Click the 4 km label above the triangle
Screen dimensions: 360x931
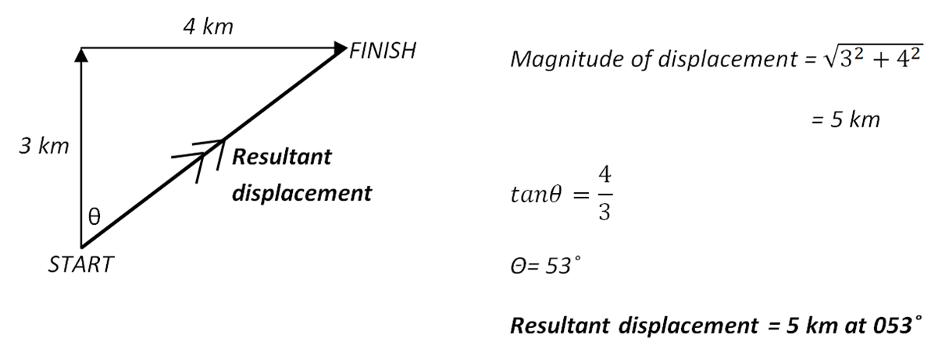point(208,27)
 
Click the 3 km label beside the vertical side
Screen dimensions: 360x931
point(45,146)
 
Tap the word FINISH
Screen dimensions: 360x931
point(383,52)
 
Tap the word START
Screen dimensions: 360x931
point(80,265)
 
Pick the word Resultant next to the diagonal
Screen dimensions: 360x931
point(282,156)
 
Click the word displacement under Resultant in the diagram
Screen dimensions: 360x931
point(301,193)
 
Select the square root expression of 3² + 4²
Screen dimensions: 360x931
point(867,59)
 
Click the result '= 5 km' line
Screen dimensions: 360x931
point(845,120)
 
